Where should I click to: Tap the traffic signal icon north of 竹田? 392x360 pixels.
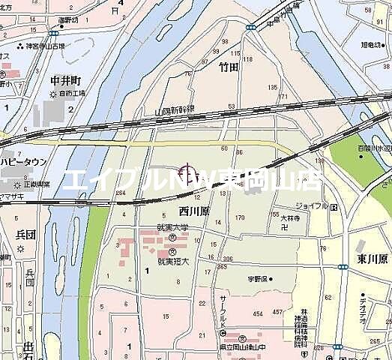tap(249, 27)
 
